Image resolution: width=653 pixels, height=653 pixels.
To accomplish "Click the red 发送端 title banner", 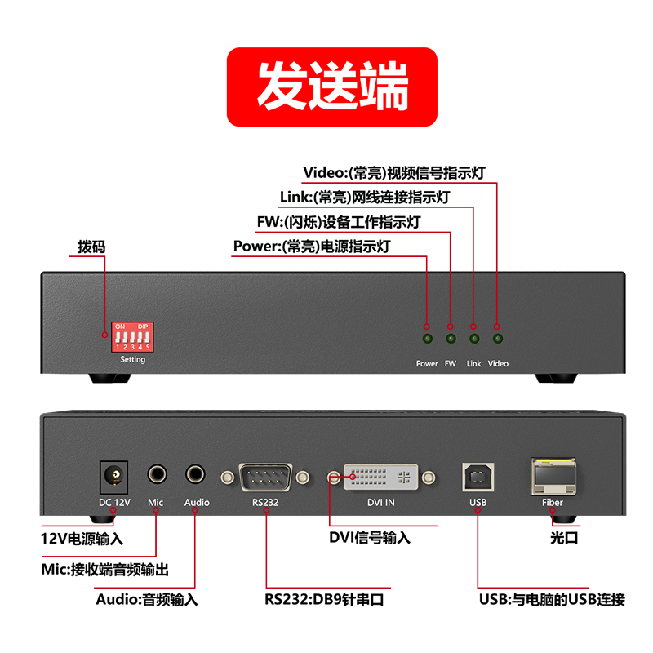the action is [x=332, y=87].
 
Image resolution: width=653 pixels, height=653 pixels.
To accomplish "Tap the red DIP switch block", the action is [x=132, y=337].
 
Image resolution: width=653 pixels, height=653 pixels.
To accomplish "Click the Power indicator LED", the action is [x=427, y=339].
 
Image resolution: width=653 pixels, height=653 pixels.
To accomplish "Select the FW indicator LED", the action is [x=451, y=339].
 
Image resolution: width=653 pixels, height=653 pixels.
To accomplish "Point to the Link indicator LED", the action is [x=474, y=339].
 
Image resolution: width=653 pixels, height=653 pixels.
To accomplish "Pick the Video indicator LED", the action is [x=498, y=339].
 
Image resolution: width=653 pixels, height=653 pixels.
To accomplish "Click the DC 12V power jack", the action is [x=113, y=478].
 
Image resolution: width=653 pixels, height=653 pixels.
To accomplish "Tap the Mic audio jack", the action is [x=157, y=474].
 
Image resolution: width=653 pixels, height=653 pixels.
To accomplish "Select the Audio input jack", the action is [x=195, y=474].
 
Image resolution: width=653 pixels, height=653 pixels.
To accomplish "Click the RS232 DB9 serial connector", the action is [x=265, y=478].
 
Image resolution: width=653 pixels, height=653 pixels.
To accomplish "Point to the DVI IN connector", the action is [x=380, y=478].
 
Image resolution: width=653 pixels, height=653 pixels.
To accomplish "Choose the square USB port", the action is [x=478, y=478].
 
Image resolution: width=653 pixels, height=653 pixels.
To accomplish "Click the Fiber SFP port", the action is [x=553, y=477].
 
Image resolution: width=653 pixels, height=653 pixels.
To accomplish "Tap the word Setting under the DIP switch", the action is [x=133, y=359].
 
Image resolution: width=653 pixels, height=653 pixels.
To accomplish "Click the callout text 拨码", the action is [x=91, y=247].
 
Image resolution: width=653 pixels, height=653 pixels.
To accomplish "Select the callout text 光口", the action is [x=564, y=538].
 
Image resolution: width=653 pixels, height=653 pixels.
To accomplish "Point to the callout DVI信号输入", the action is [x=370, y=538].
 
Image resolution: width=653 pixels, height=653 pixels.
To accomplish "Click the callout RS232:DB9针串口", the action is [x=324, y=600].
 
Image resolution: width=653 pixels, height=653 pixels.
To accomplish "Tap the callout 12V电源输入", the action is [x=82, y=539].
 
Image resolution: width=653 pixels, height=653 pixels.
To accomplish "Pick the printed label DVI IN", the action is [x=380, y=503].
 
